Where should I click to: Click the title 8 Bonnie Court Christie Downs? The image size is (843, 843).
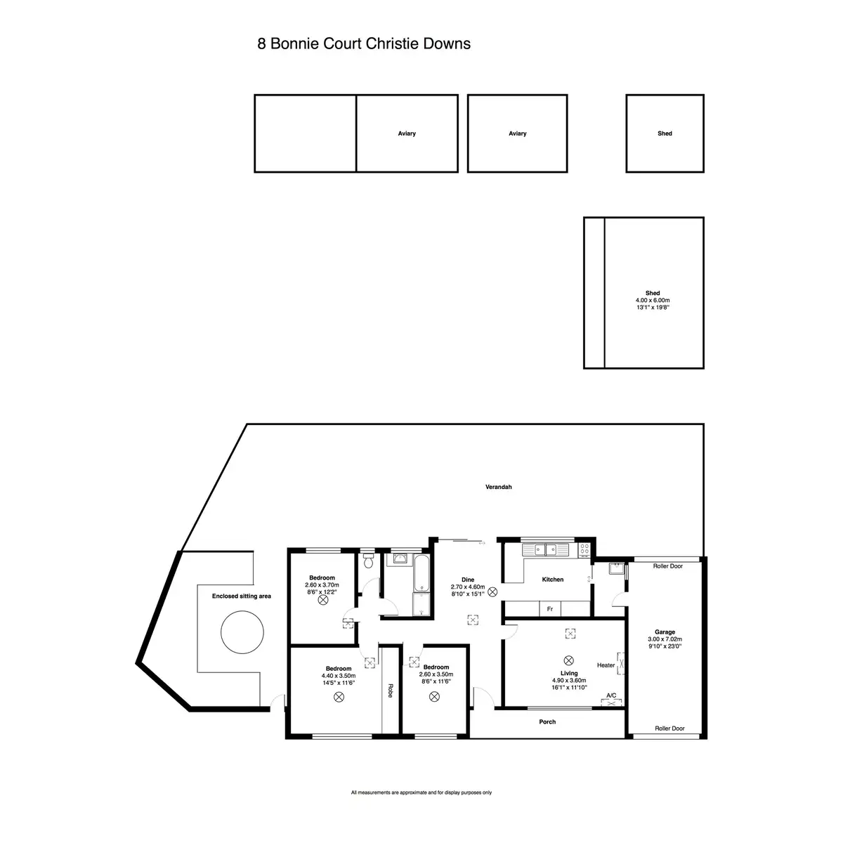tap(363, 44)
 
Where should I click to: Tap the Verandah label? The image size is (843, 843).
tap(498, 487)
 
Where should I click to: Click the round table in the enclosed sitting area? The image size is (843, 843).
tap(242, 632)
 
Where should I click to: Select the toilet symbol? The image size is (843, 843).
tap(368, 561)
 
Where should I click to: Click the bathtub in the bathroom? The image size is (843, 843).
tap(421, 573)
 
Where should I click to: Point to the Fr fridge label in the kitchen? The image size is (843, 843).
tap(550, 609)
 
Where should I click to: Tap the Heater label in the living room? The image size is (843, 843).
tap(606, 665)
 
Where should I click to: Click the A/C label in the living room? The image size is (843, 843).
tap(611, 695)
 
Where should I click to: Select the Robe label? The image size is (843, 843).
tap(391, 691)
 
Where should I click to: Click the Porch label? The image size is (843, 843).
tap(547, 722)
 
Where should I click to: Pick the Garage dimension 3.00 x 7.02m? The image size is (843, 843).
tap(665, 639)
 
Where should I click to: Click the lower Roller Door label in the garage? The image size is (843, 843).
tap(669, 728)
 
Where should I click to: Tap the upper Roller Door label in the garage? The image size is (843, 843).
tap(667, 566)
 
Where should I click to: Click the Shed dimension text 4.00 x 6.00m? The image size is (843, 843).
tap(652, 300)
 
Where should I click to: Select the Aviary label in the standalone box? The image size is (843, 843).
tap(518, 133)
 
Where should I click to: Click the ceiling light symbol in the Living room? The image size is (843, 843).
tap(568, 660)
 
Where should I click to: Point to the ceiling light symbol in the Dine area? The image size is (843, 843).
tap(492, 592)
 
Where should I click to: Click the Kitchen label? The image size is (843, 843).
tap(553, 579)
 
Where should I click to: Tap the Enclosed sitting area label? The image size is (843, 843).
tap(242, 596)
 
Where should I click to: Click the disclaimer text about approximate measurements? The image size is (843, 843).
tap(421, 804)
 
